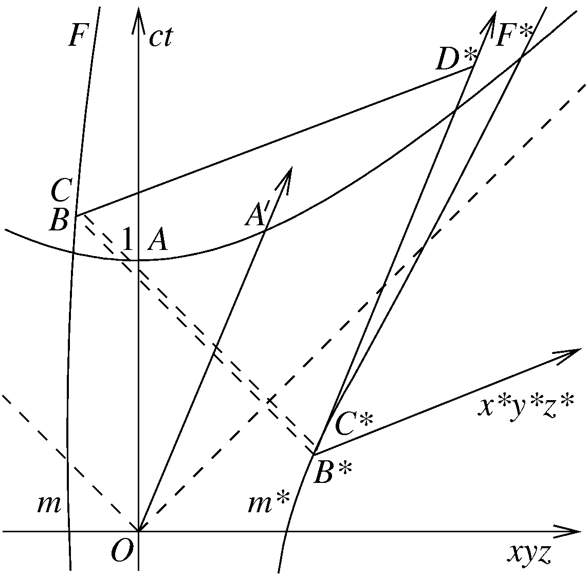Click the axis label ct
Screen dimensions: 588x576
pyautogui.click(x=160, y=37)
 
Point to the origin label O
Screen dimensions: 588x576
pyautogui.click(x=122, y=550)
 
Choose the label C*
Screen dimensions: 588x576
pyautogui.click(x=354, y=424)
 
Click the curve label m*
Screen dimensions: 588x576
pyautogui.click(x=269, y=503)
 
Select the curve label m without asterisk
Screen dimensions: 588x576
pyautogui.click(x=49, y=505)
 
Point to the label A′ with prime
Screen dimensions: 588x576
pyautogui.click(x=257, y=215)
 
